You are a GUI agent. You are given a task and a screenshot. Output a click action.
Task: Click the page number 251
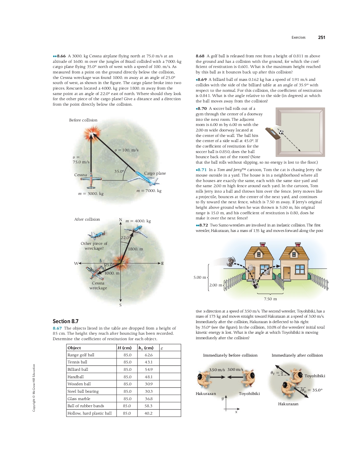pyautogui.click(x=321, y=37)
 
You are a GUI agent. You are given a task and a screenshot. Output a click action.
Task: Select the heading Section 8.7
pyautogui.click(x=65, y=321)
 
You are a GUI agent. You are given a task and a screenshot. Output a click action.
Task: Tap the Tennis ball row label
pyautogui.click(x=77, y=362)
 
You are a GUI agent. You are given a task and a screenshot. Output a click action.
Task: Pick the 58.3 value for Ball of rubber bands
pyautogui.click(x=148, y=406)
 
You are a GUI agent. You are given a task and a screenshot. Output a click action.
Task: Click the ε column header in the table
pyautogui.click(x=162, y=348)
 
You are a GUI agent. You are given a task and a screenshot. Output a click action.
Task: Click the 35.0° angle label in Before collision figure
pyautogui.click(x=119, y=171)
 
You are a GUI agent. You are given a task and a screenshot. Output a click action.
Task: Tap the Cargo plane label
pyautogui.click(x=155, y=173)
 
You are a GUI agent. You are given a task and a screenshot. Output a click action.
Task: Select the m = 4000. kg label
pyautogui.click(x=138, y=221)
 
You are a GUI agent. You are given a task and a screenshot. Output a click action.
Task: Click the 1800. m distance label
pyautogui.click(x=136, y=249)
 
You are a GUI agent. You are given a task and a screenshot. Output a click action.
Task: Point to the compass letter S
pyautogui.click(x=120, y=305)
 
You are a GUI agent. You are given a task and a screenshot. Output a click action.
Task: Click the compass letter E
pyautogui.click(x=162, y=264)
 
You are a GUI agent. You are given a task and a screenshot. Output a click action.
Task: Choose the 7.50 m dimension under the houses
pyautogui.click(x=270, y=299)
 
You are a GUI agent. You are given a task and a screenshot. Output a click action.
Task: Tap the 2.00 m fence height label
pyautogui.click(x=215, y=285)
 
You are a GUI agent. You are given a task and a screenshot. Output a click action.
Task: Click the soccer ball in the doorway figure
pyautogui.click(x=281, y=132)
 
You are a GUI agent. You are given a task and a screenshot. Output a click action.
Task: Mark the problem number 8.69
pyautogui.click(x=202, y=80)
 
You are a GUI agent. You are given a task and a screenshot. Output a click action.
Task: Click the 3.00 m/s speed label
pyautogui.click(x=235, y=370)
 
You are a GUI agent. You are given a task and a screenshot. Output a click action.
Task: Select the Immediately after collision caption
pyautogui.click(x=297, y=355)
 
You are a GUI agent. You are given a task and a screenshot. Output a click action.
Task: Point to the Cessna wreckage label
pyautogui.click(x=98, y=285)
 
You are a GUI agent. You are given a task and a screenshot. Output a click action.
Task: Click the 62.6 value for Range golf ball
pyautogui.click(x=148, y=355)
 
